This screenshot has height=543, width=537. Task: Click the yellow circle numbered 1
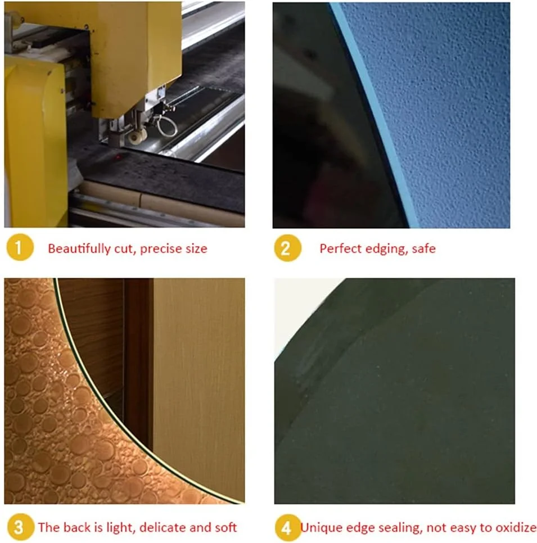click(x=20, y=247)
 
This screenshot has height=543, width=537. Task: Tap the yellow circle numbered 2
click(x=287, y=248)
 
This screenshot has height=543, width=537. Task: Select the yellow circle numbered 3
click(x=20, y=527)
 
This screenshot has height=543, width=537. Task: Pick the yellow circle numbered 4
click(x=288, y=527)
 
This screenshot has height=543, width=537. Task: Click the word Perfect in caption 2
click(x=341, y=248)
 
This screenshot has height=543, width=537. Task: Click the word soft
click(x=225, y=527)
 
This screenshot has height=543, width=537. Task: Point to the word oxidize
click(x=516, y=527)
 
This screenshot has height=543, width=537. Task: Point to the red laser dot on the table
click(x=118, y=157)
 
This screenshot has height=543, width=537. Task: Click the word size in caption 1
click(x=196, y=248)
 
